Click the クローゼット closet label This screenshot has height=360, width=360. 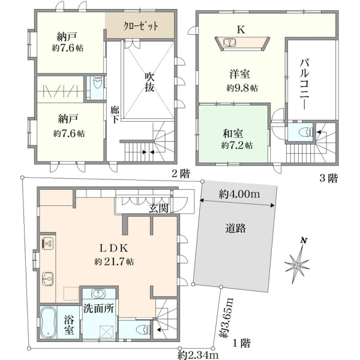(x=141, y=26)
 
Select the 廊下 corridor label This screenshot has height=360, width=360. (x=115, y=115)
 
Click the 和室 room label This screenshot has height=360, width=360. (x=233, y=134)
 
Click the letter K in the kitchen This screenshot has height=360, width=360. (x=241, y=29)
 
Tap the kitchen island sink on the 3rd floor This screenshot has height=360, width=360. (x=230, y=43)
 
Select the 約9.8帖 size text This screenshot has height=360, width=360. (x=242, y=88)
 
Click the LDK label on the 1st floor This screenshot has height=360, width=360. (x=113, y=248)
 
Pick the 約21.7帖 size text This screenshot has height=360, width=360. (x=114, y=262)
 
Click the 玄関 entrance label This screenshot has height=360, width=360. (x=158, y=208)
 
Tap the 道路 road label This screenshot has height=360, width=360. (x=235, y=228)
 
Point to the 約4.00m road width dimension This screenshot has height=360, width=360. (x=239, y=194)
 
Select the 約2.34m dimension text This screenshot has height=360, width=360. (x=198, y=355)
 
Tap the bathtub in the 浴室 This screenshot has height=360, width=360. (x=48, y=322)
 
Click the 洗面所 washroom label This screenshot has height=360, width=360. (x=98, y=308)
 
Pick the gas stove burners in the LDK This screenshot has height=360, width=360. (x=48, y=244)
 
